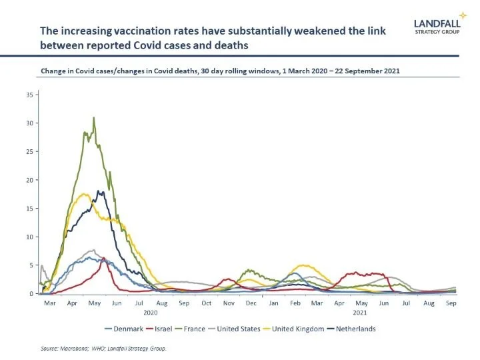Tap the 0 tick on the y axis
pos(30,293)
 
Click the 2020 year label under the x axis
pos(151,312)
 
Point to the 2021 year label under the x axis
pos(360,312)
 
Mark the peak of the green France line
pos(94,118)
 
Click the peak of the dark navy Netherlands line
pos(100,191)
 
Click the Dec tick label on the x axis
pos(251,303)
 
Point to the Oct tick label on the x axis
pos(207,303)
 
